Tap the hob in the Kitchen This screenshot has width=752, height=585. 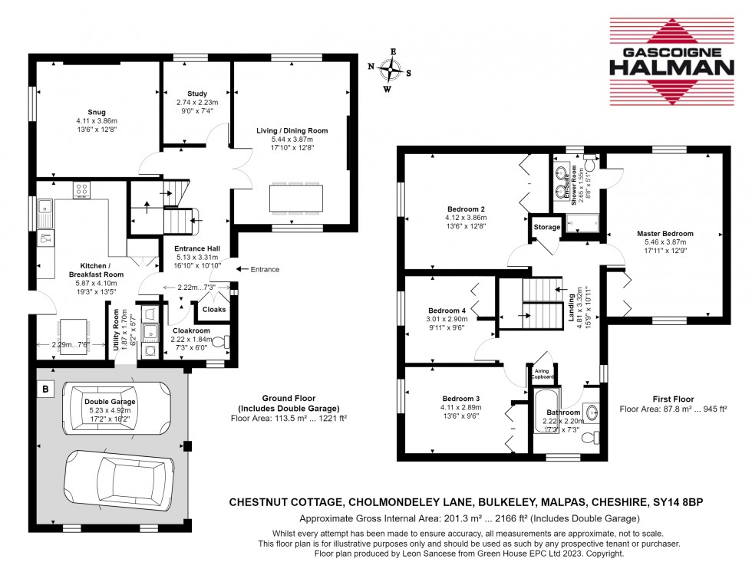click(x=81, y=189)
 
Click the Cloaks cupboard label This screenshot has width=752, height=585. click(x=213, y=309)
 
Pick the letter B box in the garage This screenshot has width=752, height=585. click(x=46, y=389)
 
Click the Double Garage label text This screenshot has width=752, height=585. click(x=110, y=401)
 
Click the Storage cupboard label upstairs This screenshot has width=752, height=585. click(x=546, y=226)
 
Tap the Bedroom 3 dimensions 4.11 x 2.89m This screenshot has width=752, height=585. click(x=461, y=407)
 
